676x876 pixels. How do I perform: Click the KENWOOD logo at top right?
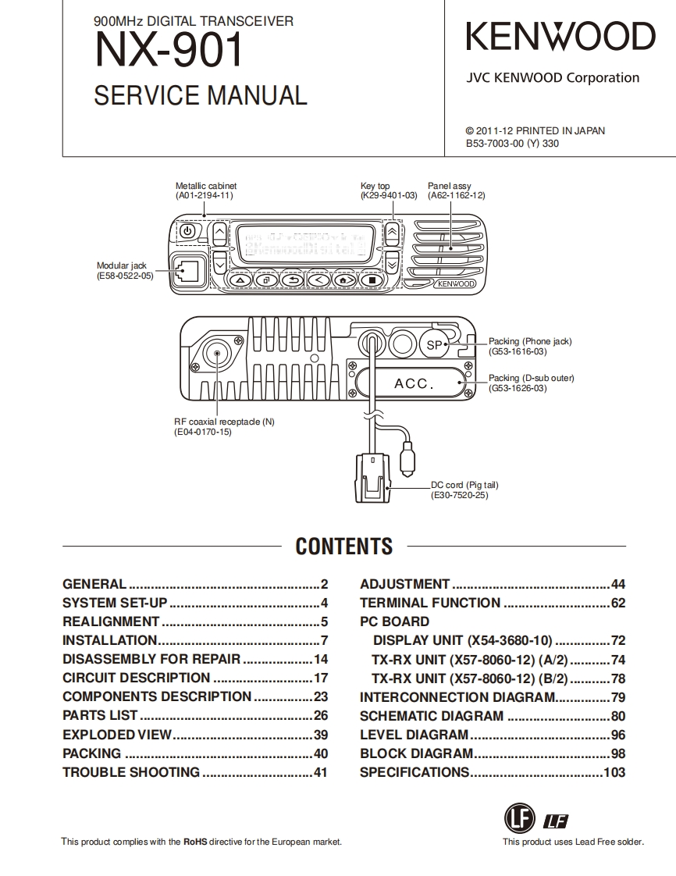[x=560, y=37]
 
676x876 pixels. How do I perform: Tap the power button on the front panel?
[x=187, y=231]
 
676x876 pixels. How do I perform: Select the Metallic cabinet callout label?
[x=205, y=191]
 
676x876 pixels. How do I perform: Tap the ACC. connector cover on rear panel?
[x=414, y=383]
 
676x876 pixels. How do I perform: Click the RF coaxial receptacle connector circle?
[x=215, y=354]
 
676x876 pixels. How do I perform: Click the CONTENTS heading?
[x=343, y=546]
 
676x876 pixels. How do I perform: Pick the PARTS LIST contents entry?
[x=100, y=715]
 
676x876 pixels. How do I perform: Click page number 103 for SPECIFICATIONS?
[x=614, y=772]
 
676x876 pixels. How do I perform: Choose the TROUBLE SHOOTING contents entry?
[x=131, y=772]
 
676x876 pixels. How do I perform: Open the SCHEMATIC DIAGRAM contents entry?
[x=432, y=715]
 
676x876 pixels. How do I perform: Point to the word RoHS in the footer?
[x=194, y=842]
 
